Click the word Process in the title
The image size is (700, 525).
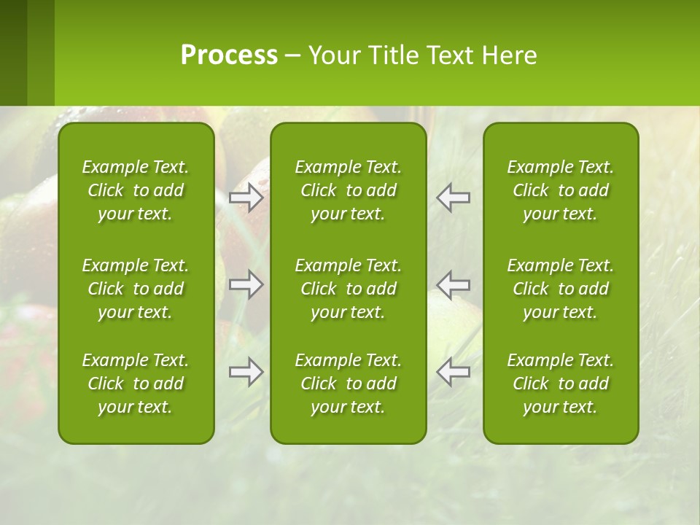click(x=229, y=55)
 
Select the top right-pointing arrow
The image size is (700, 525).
click(x=246, y=198)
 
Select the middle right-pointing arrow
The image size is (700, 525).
click(x=246, y=284)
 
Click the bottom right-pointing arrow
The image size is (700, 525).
click(x=246, y=372)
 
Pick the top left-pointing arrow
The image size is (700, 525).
click(x=453, y=198)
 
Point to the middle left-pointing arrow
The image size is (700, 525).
click(x=453, y=284)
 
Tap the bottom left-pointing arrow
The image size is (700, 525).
click(x=453, y=372)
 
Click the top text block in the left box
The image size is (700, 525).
click(x=136, y=190)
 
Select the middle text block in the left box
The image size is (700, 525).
click(x=136, y=289)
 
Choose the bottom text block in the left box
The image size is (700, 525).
click(x=136, y=384)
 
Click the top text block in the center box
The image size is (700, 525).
click(x=349, y=190)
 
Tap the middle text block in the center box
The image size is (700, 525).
click(x=349, y=289)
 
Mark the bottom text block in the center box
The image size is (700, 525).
click(x=349, y=384)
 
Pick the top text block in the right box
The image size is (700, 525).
click(x=561, y=190)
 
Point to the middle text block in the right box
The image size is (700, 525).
click(x=561, y=289)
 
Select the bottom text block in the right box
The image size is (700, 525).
click(x=561, y=384)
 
